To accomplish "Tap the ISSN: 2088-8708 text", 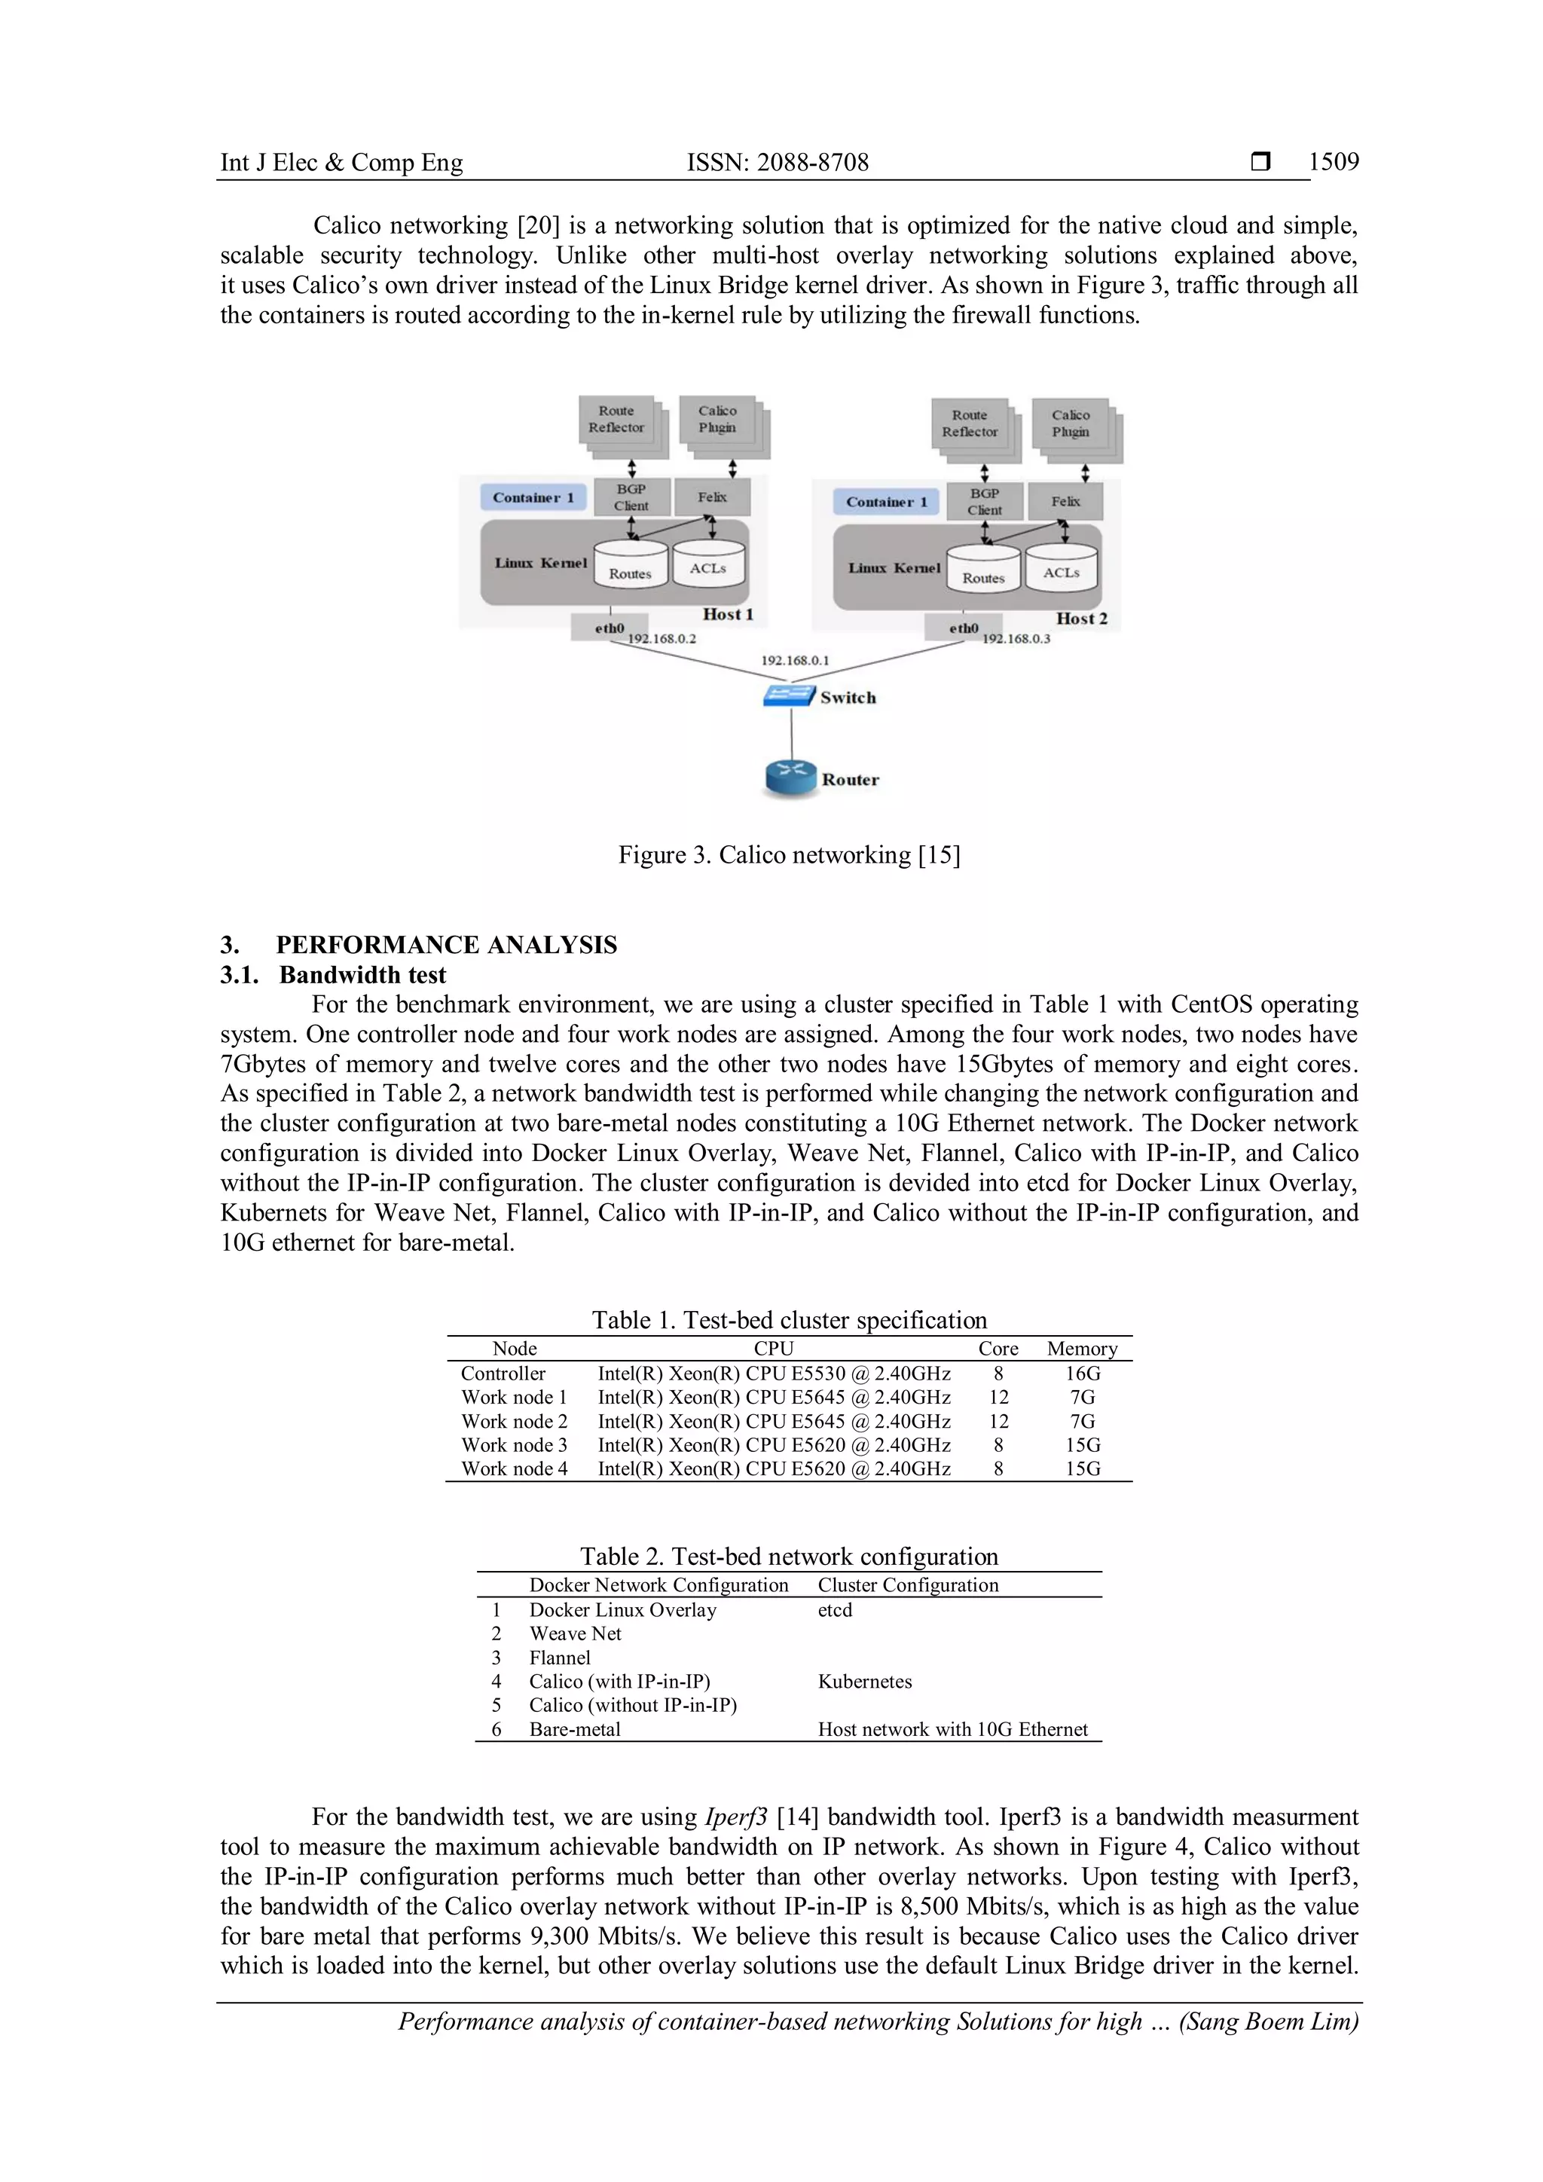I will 778,163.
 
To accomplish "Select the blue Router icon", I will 790,778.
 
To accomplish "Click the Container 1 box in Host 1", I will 533,497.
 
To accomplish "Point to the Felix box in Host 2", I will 1065,501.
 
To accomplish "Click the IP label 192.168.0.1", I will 794,659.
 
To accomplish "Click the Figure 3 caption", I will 789,854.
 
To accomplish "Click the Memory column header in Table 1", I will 1082,1349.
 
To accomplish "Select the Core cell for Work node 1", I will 998,1397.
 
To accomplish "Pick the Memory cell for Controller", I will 1082,1374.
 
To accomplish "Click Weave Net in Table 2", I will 575,1633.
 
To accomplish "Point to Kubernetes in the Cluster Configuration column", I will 865,1681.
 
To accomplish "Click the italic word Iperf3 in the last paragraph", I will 735,1817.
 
